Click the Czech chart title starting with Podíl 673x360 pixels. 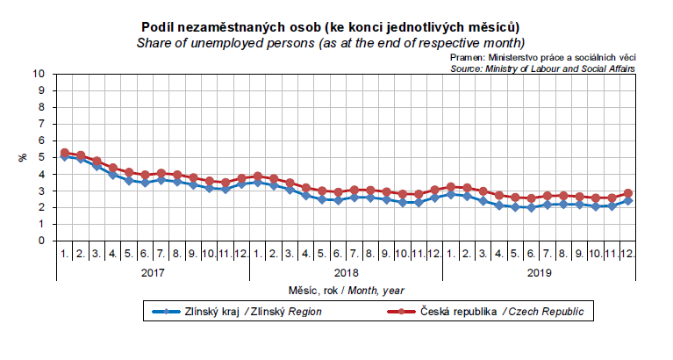(x=336, y=27)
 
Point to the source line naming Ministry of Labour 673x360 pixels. (x=542, y=67)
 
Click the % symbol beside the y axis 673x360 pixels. (x=23, y=157)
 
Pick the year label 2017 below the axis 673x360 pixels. (x=153, y=272)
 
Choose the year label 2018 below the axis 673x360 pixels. (x=346, y=272)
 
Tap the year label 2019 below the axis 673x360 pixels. (x=539, y=272)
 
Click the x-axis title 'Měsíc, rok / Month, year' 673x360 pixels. (x=346, y=290)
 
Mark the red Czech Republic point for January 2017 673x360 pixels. (x=65, y=153)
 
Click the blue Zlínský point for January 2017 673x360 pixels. (x=65, y=156)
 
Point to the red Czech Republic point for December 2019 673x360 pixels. (x=627, y=193)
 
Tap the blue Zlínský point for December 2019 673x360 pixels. (x=627, y=201)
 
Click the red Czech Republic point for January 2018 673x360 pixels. (x=258, y=176)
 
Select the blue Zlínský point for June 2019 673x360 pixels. (x=531, y=208)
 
